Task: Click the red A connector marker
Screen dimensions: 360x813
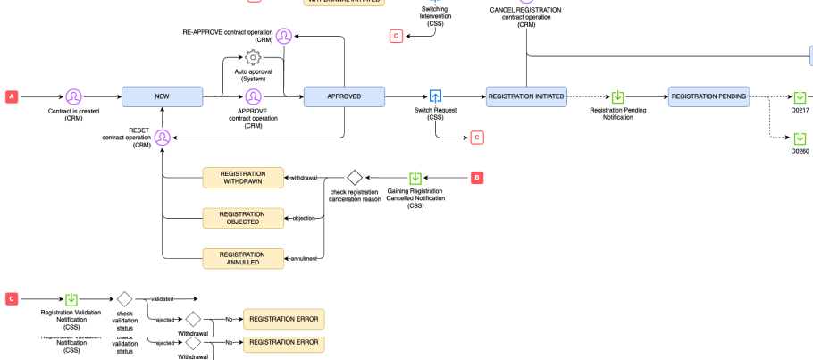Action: (x=12, y=96)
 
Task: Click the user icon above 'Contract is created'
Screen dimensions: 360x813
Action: (x=73, y=96)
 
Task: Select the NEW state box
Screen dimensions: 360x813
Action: (x=162, y=96)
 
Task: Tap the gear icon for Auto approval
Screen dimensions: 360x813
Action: (x=253, y=58)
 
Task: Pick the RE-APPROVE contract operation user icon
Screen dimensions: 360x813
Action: (x=283, y=37)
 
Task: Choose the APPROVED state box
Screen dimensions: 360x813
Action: (x=344, y=96)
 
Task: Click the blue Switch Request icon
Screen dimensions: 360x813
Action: (x=435, y=96)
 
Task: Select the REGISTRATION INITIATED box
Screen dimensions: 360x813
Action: (x=526, y=96)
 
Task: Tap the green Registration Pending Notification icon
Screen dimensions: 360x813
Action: (x=617, y=96)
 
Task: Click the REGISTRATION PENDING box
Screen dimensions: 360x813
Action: (x=708, y=96)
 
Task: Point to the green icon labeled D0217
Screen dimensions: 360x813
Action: (x=800, y=96)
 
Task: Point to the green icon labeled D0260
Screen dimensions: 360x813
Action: (x=800, y=138)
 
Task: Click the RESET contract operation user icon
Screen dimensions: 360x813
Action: (x=162, y=138)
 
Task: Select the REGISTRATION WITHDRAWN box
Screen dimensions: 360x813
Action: (x=242, y=178)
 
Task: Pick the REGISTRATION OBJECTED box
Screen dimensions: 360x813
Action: (x=242, y=218)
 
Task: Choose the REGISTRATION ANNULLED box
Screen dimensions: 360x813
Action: (x=242, y=258)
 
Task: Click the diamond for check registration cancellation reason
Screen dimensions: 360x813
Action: (x=354, y=178)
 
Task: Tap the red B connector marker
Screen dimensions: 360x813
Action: (x=477, y=178)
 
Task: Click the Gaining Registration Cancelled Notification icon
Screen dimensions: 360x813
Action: (x=415, y=178)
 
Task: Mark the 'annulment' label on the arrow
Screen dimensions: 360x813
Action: (x=304, y=259)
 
